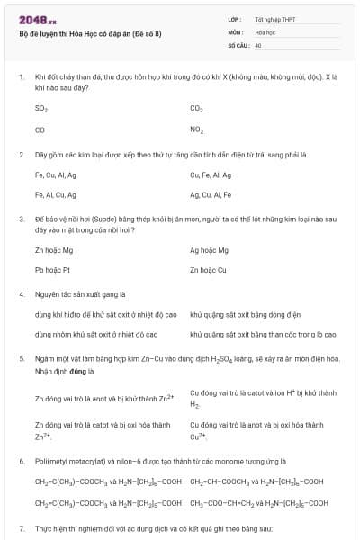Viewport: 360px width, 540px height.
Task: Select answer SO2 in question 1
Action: [40, 108]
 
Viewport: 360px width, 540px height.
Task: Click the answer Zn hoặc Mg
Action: [53, 250]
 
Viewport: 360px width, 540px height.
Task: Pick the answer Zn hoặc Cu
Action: [208, 269]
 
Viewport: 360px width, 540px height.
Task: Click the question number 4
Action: [21, 293]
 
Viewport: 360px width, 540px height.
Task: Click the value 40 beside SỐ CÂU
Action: [258, 44]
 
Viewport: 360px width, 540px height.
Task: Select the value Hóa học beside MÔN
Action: [265, 31]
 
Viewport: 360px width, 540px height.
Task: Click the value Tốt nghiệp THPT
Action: [274, 19]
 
